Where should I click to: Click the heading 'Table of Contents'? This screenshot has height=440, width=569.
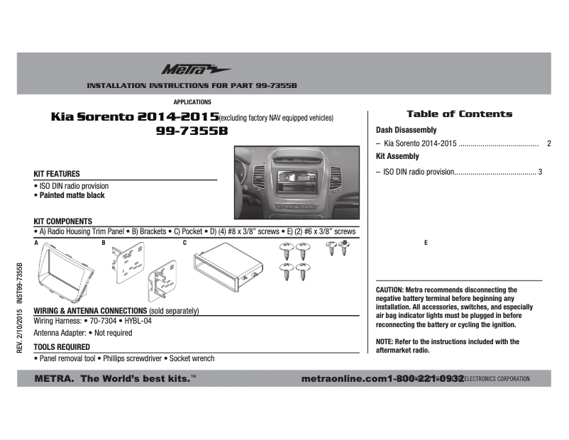(458, 114)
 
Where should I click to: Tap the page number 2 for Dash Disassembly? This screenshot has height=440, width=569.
(548, 143)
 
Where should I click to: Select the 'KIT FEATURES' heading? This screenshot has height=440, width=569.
(57, 174)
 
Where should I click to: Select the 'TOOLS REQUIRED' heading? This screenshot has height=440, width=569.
(62, 347)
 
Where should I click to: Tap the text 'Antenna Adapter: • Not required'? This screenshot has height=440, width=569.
(82, 332)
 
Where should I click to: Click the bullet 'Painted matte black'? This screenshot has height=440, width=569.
(72, 194)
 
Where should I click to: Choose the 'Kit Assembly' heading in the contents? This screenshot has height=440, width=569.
(397, 156)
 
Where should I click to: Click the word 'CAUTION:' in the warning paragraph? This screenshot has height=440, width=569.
(390, 290)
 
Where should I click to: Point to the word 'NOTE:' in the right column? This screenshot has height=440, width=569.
(385, 341)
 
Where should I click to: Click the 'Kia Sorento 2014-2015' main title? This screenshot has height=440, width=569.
(135, 116)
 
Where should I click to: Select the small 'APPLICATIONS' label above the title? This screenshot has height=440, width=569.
(192, 102)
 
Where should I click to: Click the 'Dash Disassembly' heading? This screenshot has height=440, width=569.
(406, 131)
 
